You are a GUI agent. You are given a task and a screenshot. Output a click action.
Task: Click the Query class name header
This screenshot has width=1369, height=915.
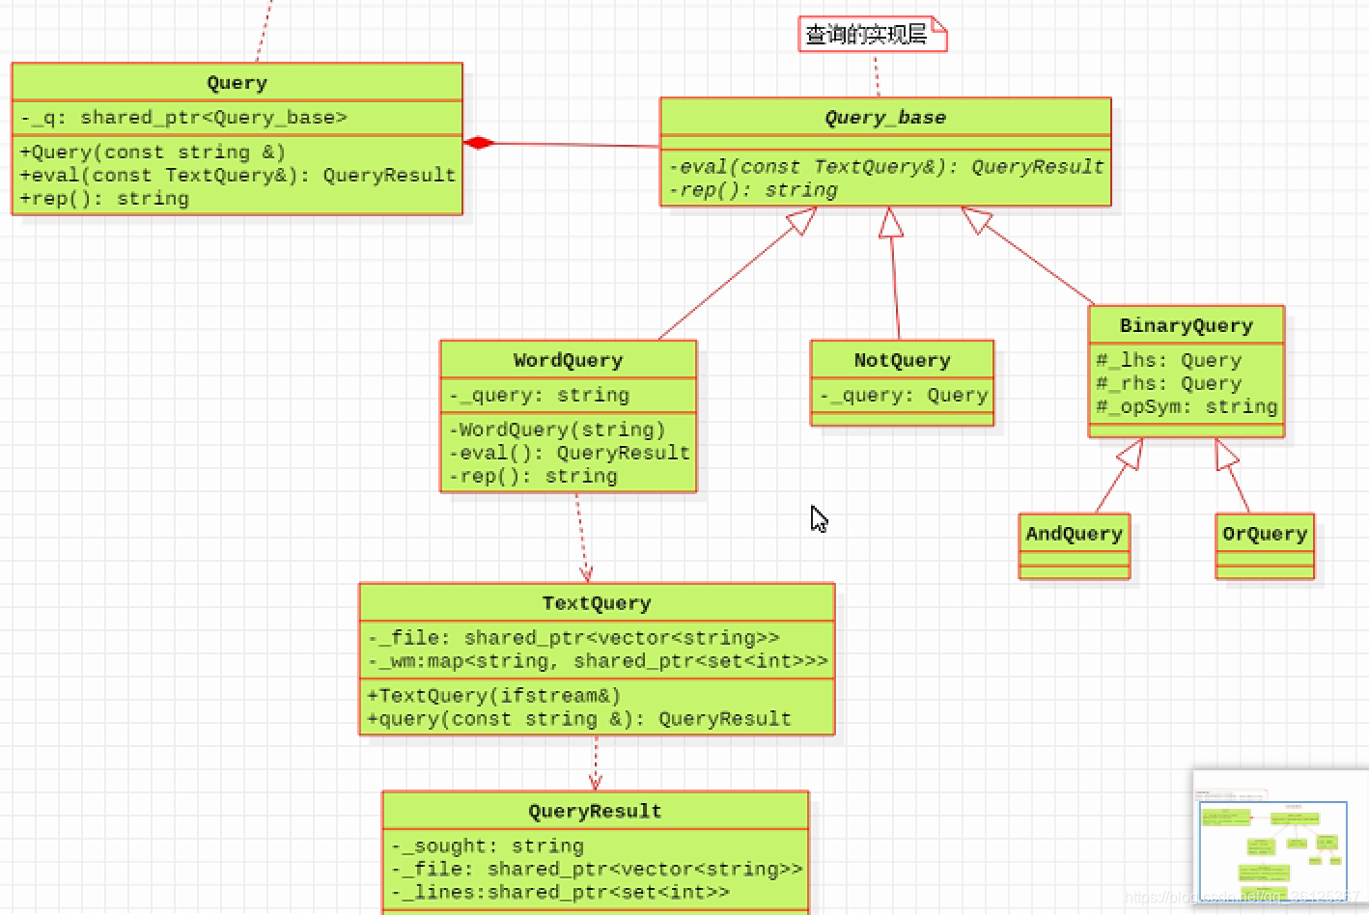pos(237,83)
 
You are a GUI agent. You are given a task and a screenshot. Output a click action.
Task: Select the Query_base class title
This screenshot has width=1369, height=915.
pos(884,118)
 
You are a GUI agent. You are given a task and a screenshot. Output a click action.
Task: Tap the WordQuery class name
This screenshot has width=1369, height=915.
pos(568,361)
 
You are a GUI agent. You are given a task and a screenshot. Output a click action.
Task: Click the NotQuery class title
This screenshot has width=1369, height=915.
pos(902,361)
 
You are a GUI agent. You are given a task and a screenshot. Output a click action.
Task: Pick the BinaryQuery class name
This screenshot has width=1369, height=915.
pos(1186,326)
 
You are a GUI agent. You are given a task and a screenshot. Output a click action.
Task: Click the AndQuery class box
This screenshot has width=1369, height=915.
pos(1074,545)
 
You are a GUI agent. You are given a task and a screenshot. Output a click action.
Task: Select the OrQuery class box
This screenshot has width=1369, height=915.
pos(1265,545)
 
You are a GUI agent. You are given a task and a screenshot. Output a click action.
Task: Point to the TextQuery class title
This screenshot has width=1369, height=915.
pos(596,603)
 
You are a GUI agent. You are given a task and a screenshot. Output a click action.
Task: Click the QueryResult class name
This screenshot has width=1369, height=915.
pos(595,812)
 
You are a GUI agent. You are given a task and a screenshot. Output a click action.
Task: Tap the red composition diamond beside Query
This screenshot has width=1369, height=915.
pos(479,143)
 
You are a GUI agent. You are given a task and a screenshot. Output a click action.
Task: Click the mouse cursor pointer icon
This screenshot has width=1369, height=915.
pos(818,518)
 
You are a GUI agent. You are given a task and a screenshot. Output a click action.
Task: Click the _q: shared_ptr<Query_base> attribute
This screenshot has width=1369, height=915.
pos(183,118)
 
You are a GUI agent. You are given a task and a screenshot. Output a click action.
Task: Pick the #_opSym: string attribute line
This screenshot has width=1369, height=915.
pos(1186,407)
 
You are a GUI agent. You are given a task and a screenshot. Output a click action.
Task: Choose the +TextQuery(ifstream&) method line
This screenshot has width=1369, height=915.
pos(493,696)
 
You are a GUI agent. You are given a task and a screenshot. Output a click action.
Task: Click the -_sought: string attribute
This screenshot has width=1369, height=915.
pos(488,846)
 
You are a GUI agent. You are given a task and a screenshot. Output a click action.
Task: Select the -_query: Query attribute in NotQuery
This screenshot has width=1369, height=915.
pos(904,396)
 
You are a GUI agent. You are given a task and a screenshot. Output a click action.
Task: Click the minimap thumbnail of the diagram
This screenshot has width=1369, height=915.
pos(1272,840)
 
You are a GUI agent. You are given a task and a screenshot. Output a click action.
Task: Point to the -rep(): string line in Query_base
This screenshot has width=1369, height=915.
pos(753,190)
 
